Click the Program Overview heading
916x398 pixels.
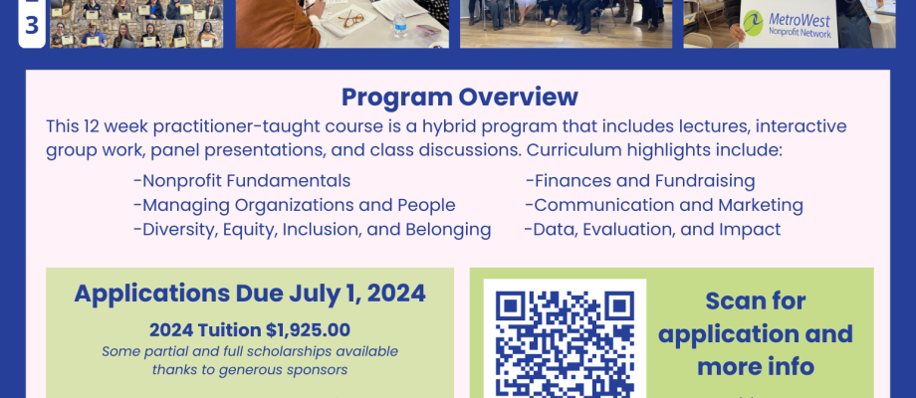(460, 97)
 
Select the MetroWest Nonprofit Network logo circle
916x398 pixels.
(753, 23)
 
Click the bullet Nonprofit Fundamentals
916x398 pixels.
(242, 181)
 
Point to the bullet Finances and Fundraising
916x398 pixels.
(640, 181)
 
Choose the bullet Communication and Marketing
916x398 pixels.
(664, 205)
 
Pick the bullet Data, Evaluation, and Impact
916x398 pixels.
(652, 229)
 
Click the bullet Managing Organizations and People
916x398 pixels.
(295, 205)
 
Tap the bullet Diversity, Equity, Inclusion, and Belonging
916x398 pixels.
(312, 229)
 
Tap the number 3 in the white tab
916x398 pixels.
(32, 26)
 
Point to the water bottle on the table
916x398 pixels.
(399, 25)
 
